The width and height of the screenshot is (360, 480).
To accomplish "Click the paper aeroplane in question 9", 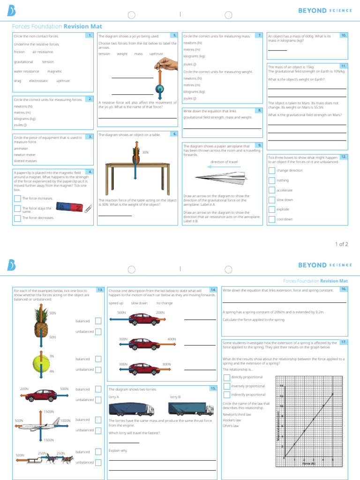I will (220, 178).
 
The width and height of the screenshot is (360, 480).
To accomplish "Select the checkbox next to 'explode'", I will (271, 210).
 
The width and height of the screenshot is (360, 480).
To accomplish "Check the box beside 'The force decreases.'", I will (17, 218).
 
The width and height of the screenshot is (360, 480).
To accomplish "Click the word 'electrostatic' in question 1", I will (38, 81).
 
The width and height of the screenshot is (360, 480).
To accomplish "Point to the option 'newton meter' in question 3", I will (24, 155).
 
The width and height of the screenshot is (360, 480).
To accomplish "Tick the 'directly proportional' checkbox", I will (226, 377).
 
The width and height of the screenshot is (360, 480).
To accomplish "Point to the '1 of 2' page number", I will (341, 244).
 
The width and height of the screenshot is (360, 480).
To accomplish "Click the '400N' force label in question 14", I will (172, 338).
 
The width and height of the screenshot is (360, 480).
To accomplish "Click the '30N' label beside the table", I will (145, 152).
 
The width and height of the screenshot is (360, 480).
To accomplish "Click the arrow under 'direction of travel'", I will (224, 166).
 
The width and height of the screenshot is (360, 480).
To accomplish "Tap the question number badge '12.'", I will (344, 157).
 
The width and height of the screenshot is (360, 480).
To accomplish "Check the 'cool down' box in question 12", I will (271, 219).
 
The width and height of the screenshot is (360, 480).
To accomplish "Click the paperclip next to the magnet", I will (87, 209).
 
